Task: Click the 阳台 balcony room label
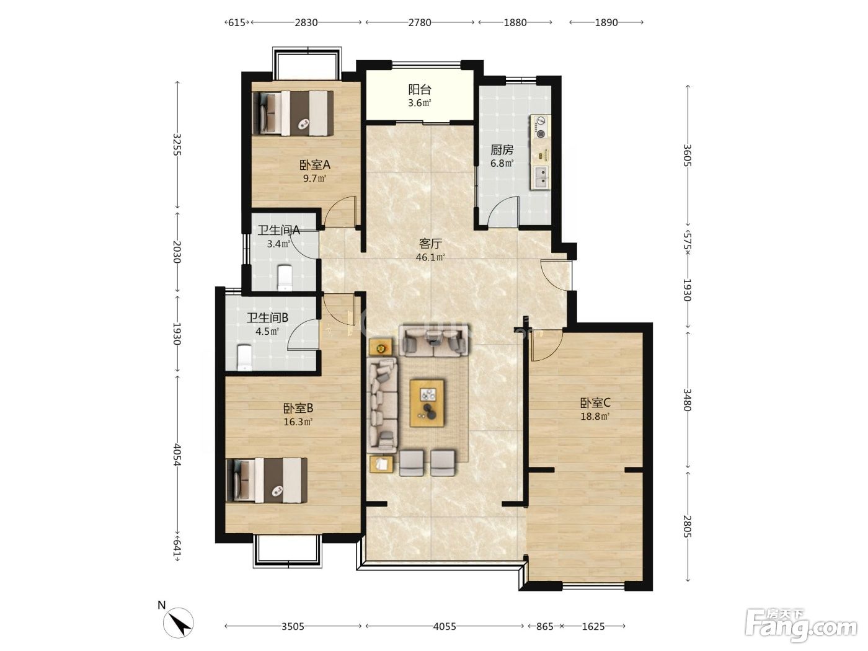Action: point(419,90)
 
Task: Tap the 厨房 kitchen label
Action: point(502,150)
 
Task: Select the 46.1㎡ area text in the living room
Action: point(430,257)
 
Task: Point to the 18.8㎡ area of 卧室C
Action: point(595,416)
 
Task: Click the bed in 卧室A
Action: point(293,113)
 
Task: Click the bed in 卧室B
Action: point(267,480)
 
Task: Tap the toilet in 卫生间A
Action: point(285,278)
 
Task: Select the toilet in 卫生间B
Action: point(244,358)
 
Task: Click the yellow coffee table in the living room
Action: point(427,403)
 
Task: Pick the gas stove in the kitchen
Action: point(540,126)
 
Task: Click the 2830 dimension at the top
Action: point(306,22)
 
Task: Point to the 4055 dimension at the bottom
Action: point(445,626)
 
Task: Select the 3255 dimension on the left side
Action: point(177,144)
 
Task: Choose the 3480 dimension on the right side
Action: point(688,400)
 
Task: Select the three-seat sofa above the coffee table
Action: point(434,340)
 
